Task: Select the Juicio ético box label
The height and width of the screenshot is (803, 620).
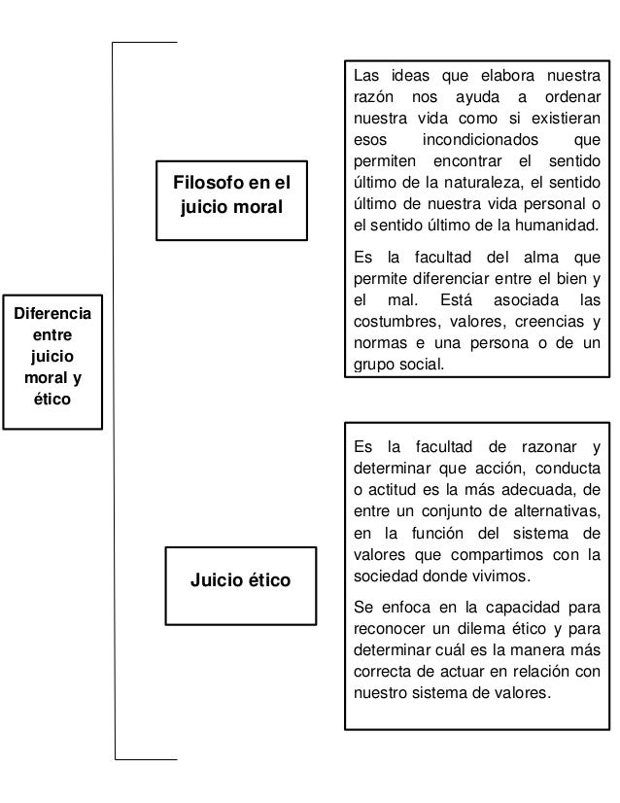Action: click(244, 581)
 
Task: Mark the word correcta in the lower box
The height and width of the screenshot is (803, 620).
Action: click(383, 671)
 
